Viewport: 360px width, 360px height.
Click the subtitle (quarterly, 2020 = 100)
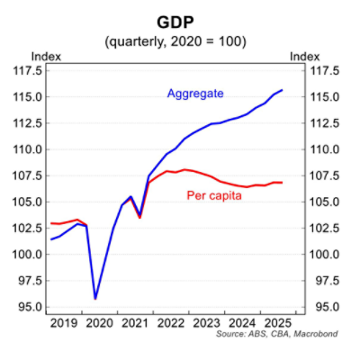click(179, 41)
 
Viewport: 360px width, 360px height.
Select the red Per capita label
click(211, 195)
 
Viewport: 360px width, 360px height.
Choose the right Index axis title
click(304, 56)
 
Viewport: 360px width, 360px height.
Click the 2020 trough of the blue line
click(95, 298)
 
